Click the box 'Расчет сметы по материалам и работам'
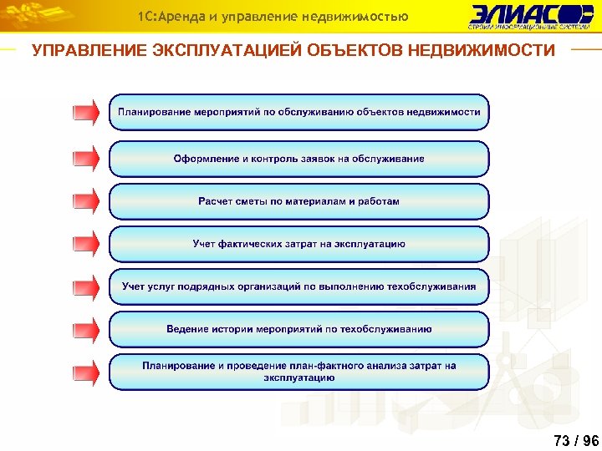298,201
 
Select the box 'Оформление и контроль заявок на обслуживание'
298,159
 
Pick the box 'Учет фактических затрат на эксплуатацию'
298,244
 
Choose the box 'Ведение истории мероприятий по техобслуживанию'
298,329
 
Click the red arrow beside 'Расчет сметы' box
85,201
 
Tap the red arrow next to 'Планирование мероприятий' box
85,112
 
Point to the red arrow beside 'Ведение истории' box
85,329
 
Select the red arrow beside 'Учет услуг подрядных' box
85,286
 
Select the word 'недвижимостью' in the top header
365,16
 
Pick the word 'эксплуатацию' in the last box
298,378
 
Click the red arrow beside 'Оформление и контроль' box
85,159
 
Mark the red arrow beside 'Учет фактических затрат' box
85,244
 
